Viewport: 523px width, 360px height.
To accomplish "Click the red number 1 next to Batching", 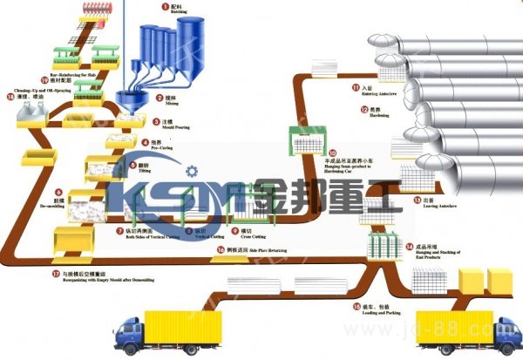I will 161,6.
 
